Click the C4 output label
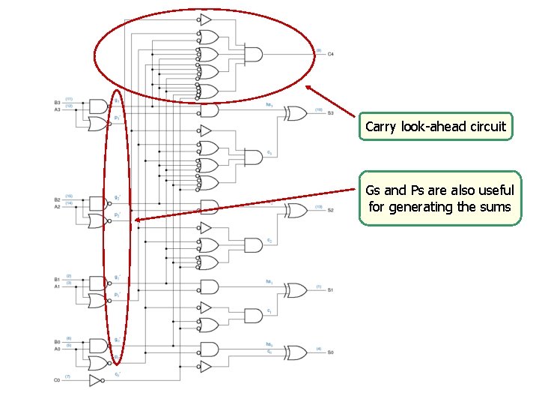point(330,54)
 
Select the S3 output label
point(330,113)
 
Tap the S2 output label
point(330,211)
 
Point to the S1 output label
point(330,290)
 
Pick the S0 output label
point(330,352)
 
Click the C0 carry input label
point(56,380)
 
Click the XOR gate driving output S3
point(294,113)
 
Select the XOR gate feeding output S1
point(294,290)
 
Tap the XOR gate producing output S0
point(294,352)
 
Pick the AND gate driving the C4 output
point(254,54)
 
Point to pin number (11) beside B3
point(69,99)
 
